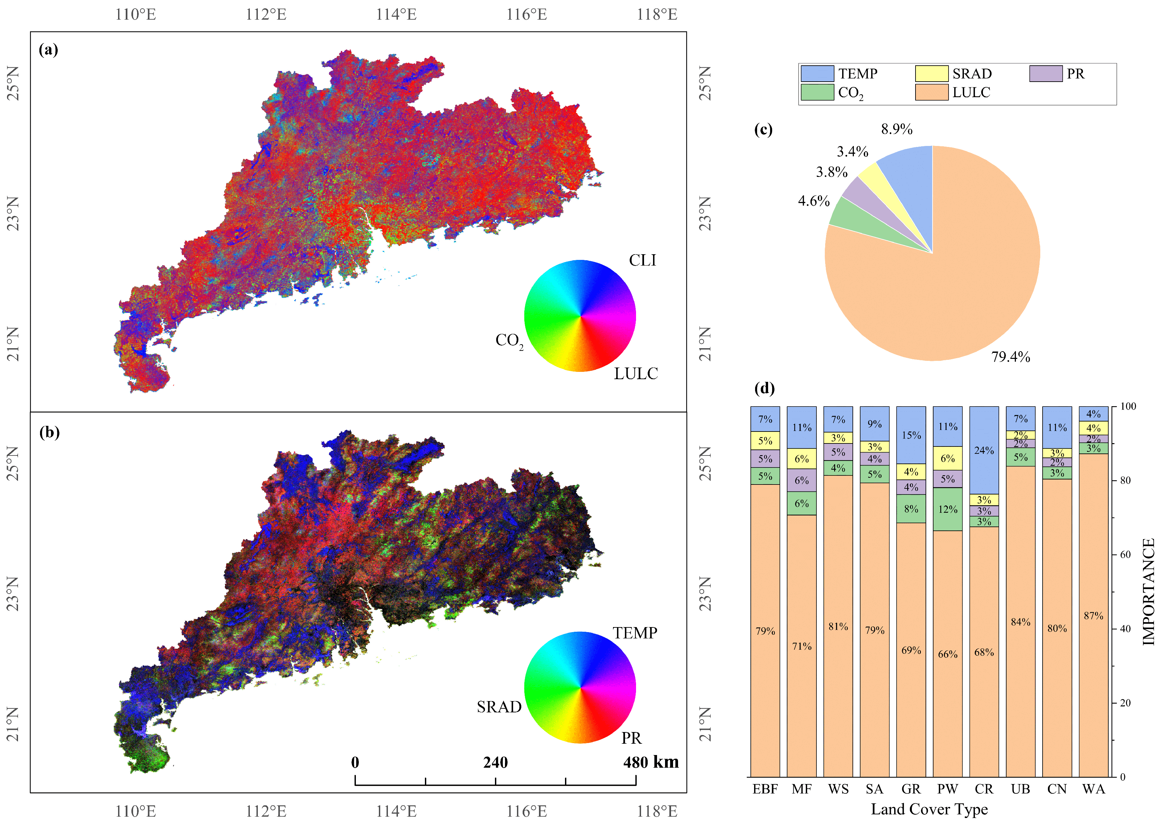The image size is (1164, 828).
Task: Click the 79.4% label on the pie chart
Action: [x=1010, y=357]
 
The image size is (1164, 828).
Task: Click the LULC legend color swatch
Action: [x=931, y=92]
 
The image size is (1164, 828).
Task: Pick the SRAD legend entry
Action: [x=971, y=74]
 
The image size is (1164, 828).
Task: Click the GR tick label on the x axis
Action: [x=911, y=789]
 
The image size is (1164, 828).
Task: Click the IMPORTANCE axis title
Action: [x=1148, y=591]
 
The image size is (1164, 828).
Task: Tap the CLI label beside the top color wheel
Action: [x=642, y=261]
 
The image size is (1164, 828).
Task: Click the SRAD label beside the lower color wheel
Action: [x=499, y=707]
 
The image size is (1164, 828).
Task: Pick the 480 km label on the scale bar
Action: [x=651, y=763]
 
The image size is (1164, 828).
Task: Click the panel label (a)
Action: [x=48, y=50]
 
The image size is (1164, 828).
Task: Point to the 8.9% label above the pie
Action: [x=896, y=129]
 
